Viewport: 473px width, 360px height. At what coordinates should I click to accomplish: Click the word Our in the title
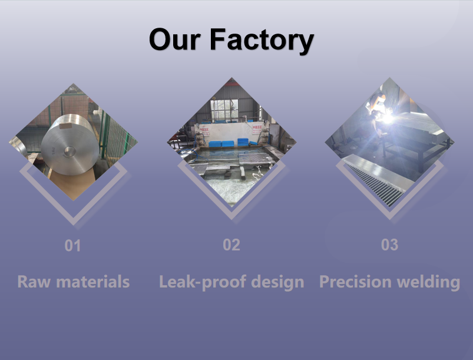click(x=175, y=39)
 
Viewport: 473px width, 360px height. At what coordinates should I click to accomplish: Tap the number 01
click(x=72, y=246)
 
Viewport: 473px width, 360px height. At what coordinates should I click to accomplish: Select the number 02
click(x=231, y=245)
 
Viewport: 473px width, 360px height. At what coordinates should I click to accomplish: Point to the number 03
click(x=389, y=245)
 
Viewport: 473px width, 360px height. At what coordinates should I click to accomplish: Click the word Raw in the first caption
click(x=34, y=282)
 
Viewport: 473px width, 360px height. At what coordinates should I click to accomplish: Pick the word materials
click(x=93, y=282)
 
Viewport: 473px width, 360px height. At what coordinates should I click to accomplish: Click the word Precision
click(x=355, y=282)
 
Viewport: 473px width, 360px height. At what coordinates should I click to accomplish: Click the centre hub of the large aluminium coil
click(x=69, y=151)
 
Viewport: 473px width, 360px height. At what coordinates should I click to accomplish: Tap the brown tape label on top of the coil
click(x=66, y=125)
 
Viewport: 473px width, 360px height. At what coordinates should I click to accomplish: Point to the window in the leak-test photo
click(x=224, y=110)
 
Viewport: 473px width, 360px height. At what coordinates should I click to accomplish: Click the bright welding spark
click(x=387, y=118)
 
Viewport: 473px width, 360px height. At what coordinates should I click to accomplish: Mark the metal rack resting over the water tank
click(x=256, y=158)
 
